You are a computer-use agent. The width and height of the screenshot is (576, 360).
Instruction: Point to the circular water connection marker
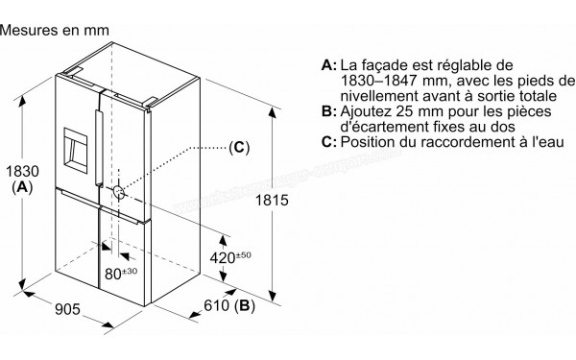pyautogui.click(x=119, y=191)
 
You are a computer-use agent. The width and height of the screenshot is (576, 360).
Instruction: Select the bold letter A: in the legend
pyautogui.click(x=329, y=64)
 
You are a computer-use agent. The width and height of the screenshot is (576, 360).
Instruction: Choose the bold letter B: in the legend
pyautogui.click(x=329, y=111)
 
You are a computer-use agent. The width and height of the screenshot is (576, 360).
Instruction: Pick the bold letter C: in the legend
pyautogui.click(x=329, y=142)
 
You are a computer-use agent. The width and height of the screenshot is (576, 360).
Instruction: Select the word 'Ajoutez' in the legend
pyautogui.click(x=369, y=111)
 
